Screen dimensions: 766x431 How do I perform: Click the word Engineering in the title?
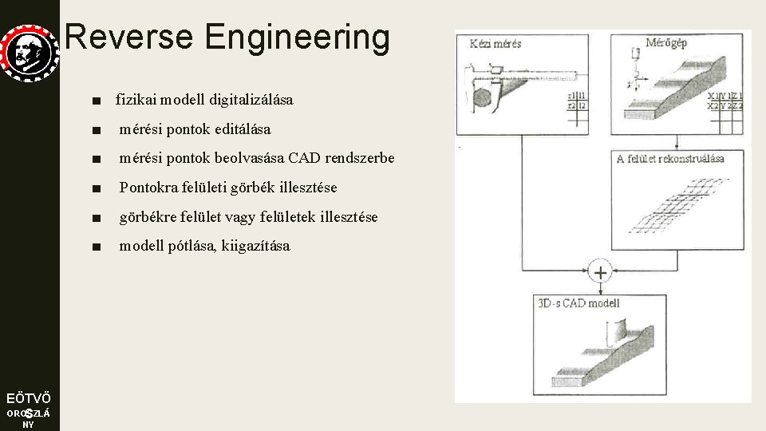[297, 37]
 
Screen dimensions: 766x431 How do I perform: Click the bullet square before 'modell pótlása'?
[97, 247]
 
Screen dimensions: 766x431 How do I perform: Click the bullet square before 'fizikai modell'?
[97, 101]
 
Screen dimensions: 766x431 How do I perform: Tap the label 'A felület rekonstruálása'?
[670, 158]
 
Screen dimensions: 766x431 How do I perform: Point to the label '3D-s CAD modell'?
[578, 302]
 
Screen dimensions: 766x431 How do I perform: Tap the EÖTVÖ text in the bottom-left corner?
[29, 398]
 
